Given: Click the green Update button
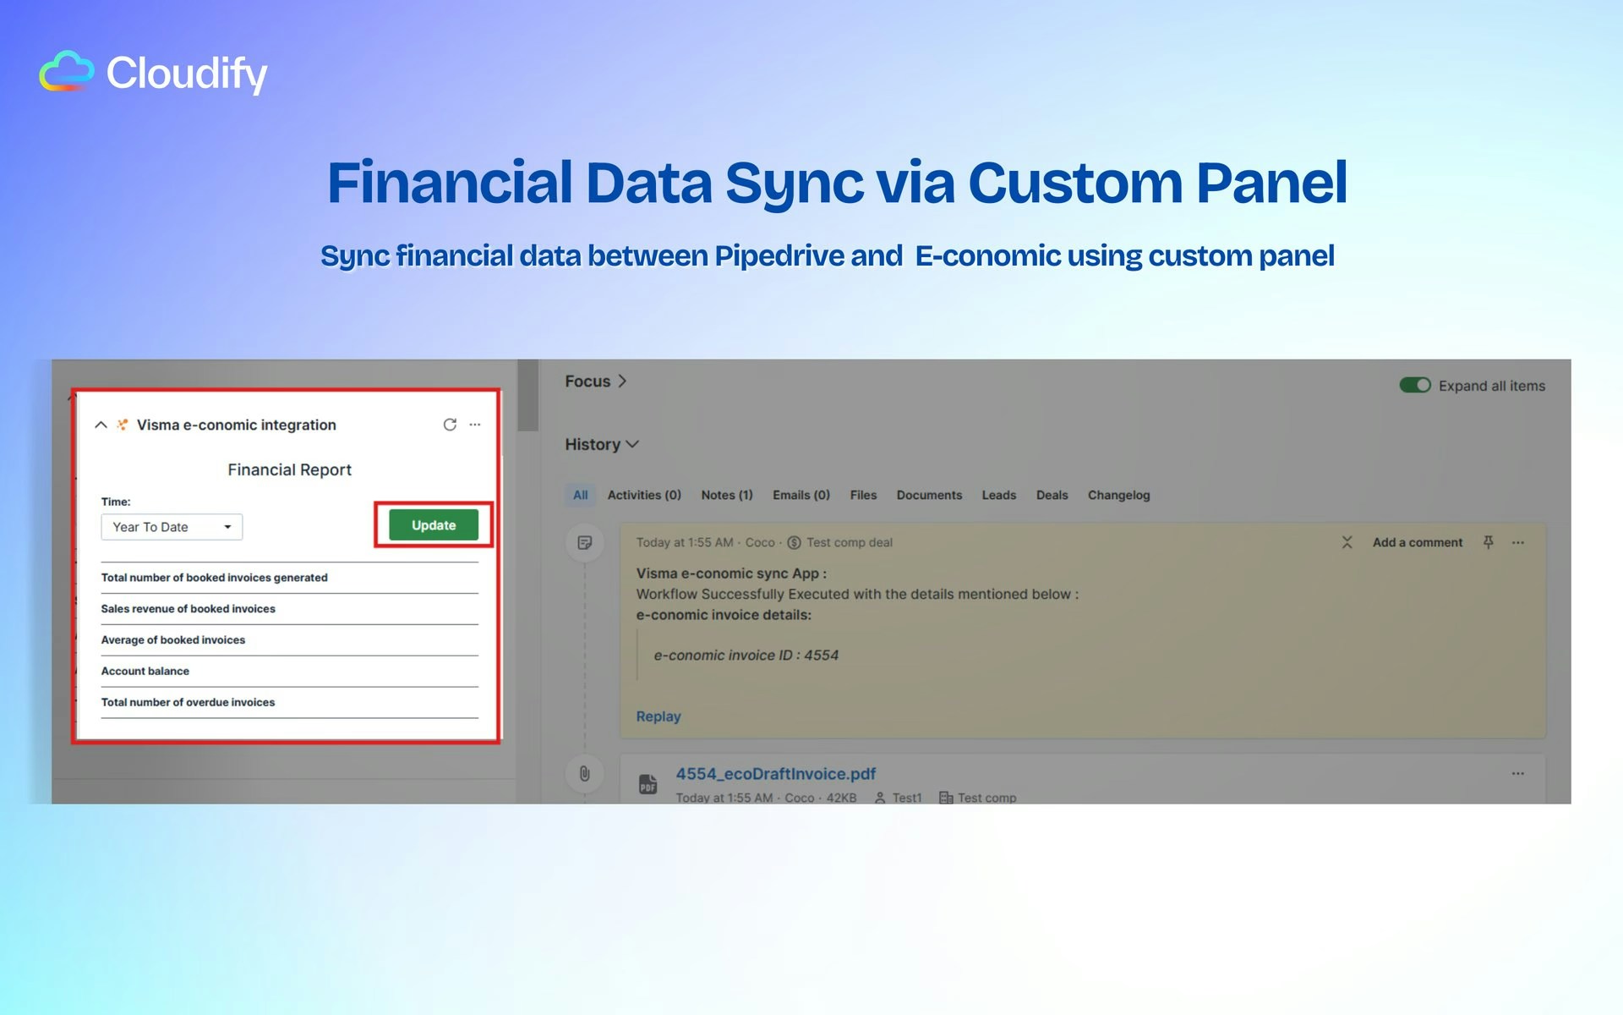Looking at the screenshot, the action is [434, 525].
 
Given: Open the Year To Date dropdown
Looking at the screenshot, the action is [172, 527].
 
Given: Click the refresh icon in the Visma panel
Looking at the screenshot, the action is [450, 425].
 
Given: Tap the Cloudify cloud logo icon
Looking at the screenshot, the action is [67, 71].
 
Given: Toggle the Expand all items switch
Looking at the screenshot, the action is [1415, 386].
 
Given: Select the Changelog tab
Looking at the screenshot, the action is [1118, 495].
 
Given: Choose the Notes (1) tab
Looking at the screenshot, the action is [726, 495].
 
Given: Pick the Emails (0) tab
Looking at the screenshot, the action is [801, 495].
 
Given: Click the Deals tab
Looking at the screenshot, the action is [1052, 495].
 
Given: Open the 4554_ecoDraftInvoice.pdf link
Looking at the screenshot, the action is [775, 774].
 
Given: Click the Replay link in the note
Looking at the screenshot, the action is [658, 716].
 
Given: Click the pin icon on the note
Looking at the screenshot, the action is [1489, 542].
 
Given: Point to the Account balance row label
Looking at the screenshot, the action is [145, 671].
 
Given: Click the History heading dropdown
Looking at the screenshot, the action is [602, 444].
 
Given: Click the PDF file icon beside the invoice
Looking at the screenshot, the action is [648, 784].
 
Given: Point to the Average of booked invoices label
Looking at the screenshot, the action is [173, 639].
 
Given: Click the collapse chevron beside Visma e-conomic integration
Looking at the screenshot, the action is [101, 425].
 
